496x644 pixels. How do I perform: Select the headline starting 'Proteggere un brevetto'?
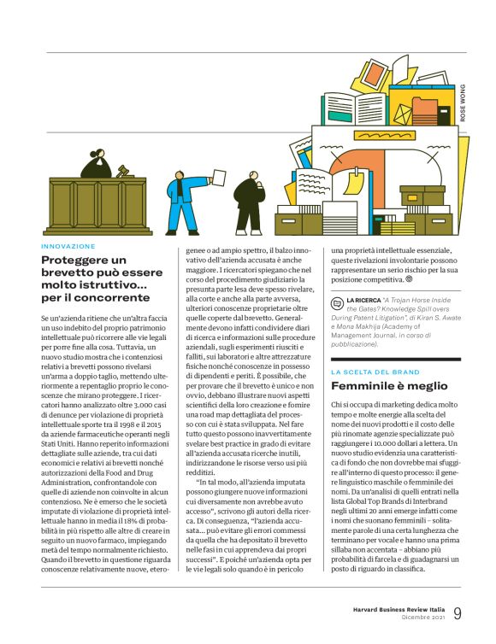96,278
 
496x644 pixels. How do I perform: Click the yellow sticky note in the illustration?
352,179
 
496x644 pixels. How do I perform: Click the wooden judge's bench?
98,205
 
